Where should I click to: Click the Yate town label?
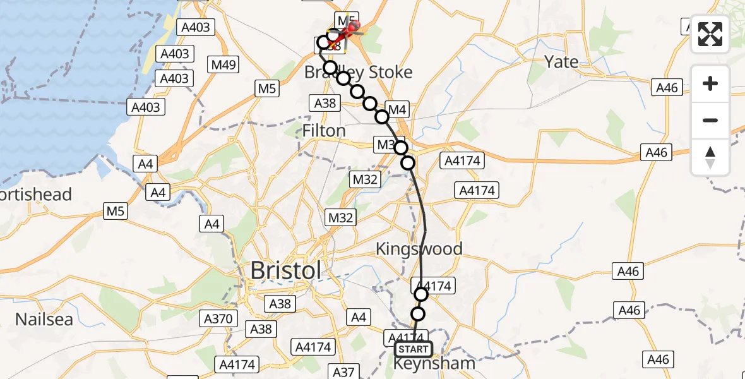[561, 62]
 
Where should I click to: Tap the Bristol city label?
[286, 270]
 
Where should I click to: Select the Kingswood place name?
[419, 248]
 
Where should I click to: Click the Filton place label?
[325, 131]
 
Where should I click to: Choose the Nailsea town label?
[44, 319]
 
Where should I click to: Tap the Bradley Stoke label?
[359, 72]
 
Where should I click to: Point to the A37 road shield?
[344, 372]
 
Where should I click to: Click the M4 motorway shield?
[396, 110]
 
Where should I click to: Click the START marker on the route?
[414, 349]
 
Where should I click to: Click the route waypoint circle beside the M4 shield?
[382, 116]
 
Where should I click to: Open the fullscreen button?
[710, 34]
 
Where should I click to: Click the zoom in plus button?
[710, 83]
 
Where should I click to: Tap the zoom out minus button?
[710, 120]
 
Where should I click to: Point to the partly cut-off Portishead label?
[35, 194]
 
